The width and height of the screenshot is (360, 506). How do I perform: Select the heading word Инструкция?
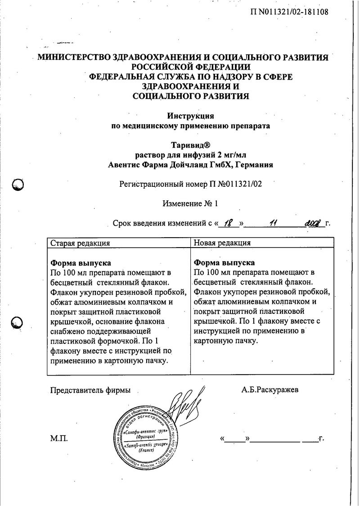190,116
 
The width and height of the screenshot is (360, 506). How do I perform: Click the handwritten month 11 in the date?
272,222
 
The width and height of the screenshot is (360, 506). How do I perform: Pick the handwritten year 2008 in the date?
314,222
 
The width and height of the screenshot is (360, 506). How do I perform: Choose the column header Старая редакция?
80,243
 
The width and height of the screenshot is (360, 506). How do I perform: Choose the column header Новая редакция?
222,243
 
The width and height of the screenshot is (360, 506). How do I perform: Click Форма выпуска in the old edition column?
81,262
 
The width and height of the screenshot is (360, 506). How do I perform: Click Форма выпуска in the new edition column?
224,262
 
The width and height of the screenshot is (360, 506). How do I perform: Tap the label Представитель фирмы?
90,390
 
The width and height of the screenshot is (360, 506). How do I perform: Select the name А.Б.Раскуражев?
270,390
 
